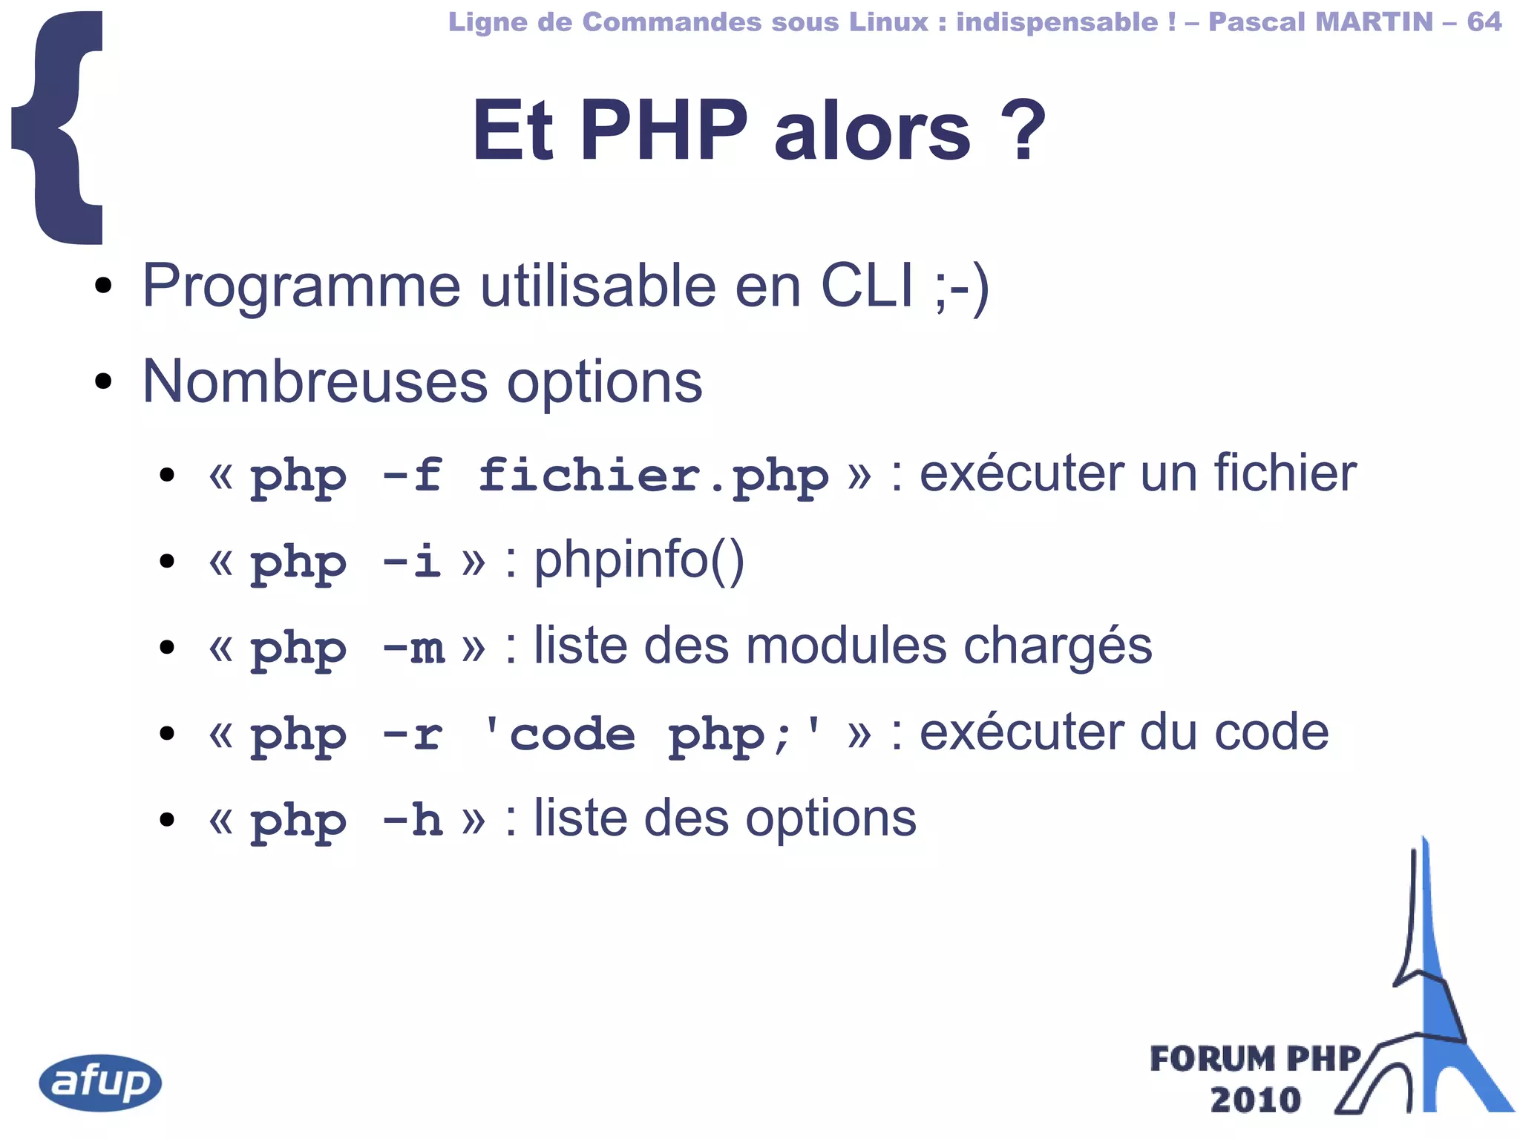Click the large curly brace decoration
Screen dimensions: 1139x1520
pyautogui.click(x=59, y=128)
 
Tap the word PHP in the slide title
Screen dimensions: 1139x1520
pyautogui.click(x=664, y=131)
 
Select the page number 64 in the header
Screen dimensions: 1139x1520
pyautogui.click(x=1484, y=22)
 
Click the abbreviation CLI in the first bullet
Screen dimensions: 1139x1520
pyautogui.click(x=867, y=286)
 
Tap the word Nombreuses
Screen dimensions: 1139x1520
pyautogui.click(x=315, y=381)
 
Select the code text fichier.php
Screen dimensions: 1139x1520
pyautogui.click(x=653, y=475)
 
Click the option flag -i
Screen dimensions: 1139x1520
pyautogui.click(x=412, y=561)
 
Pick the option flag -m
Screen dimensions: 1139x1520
pyautogui.click(x=413, y=647)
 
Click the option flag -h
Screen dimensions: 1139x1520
pyautogui.click(x=413, y=820)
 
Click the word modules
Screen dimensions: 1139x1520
pyautogui.click(x=846, y=646)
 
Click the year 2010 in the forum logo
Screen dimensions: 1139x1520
pyautogui.click(x=1255, y=1100)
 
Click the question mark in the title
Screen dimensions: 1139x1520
pyautogui.click(x=1022, y=131)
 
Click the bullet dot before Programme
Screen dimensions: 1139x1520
pyautogui.click(x=103, y=286)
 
